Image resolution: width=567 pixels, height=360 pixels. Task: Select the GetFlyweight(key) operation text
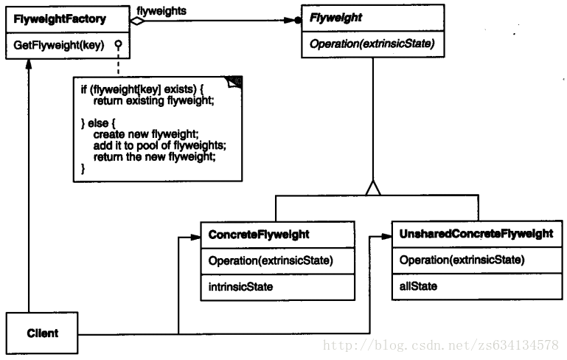58,45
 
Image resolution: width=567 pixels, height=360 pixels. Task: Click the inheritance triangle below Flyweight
373,188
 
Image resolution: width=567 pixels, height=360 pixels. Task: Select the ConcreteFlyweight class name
258,235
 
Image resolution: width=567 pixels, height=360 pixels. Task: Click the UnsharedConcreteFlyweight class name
476,235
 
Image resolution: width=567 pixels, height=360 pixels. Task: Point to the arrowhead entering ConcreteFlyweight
195,237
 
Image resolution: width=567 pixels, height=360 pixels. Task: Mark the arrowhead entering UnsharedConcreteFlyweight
386,237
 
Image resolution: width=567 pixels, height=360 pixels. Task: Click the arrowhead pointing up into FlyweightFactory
27,63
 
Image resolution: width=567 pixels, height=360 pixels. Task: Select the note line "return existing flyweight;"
153,99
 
